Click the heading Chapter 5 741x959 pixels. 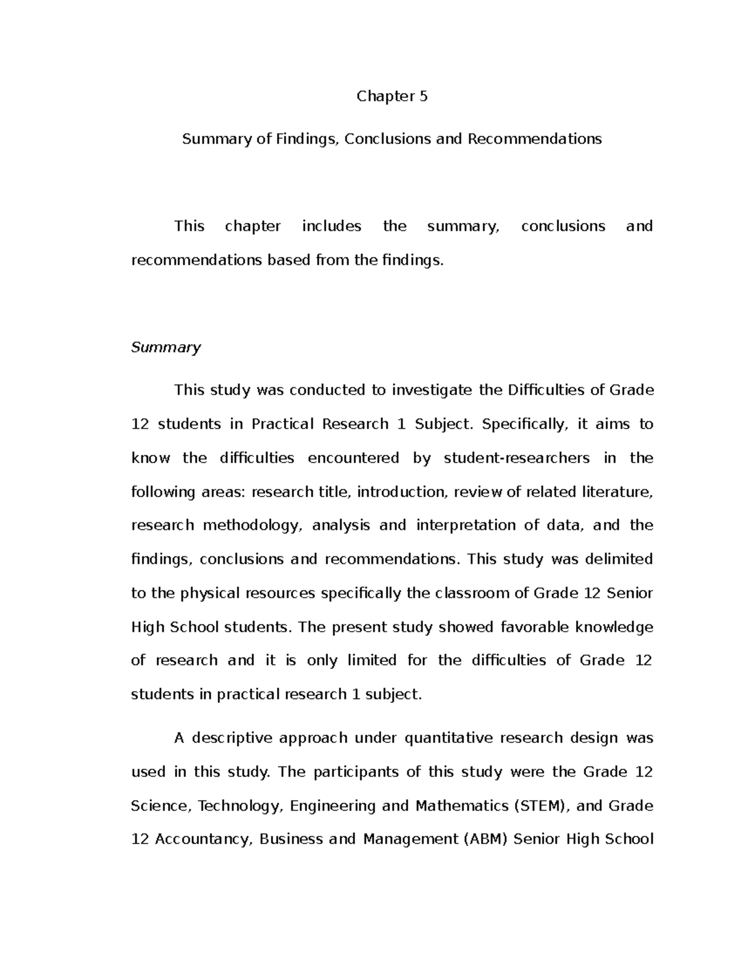391,96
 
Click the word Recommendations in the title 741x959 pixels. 534,139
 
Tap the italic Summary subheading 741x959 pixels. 165,347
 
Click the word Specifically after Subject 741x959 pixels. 524,424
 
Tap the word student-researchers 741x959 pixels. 516,458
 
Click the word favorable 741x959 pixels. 534,627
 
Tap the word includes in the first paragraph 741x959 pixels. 332,226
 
